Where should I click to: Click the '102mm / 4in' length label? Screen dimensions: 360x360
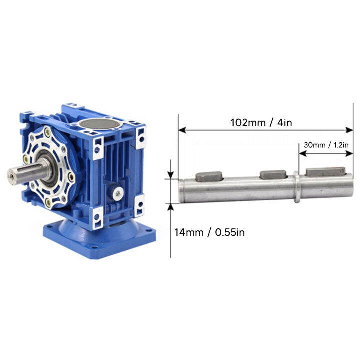(x=260, y=122)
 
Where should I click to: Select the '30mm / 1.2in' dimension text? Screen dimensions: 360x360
(x=326, y=145)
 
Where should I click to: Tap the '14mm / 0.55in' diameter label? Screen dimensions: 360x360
(x=209, y=232)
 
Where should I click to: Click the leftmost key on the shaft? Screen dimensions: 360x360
(x=209, y=175)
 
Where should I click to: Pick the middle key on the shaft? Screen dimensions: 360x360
(x=273, y=174)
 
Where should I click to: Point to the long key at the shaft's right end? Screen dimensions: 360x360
(x=325, y=172)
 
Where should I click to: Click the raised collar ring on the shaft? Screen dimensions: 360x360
(x=296, y=188)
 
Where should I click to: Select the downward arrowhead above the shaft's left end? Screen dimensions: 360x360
(x=171, y=175)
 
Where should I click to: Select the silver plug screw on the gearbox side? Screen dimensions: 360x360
(x=117, y=192)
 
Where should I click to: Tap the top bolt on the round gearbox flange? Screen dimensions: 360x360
(x=47, y=133)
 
